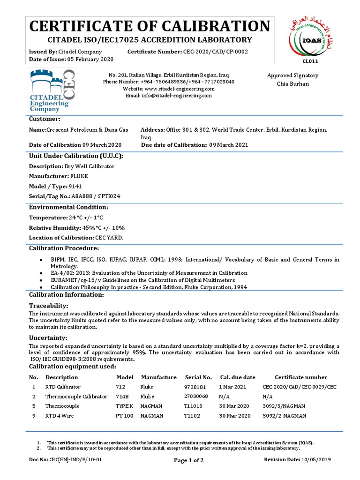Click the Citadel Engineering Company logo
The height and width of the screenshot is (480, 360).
(x=52, y=90)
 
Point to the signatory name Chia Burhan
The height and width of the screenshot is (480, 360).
(x=293, y=84)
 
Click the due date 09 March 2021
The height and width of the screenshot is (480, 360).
(x=229, y=145)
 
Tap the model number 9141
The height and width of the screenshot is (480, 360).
(x=75, y=186)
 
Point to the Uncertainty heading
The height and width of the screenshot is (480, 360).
(x=48, y=338)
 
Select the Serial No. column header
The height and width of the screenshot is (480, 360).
(x=198, y=377)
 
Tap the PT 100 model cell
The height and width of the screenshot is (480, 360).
(x=124, y=416)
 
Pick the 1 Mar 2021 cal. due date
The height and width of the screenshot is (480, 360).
(x=232, y=387)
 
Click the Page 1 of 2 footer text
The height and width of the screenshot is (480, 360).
(x=188, y=460)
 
